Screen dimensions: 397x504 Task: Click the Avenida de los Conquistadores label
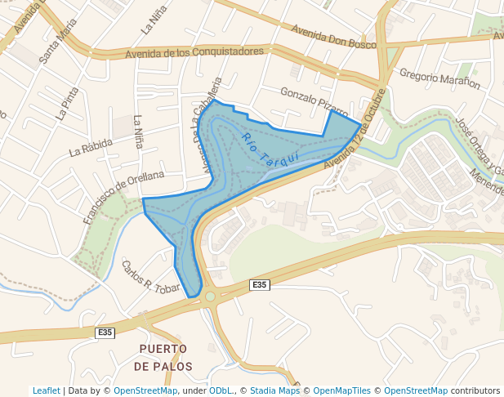[x=194, y=52]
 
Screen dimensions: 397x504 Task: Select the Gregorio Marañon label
[x=439, y=78]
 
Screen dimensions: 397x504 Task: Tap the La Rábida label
[x=91, y=147]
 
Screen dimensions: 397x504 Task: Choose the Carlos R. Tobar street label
[x=150, y=276]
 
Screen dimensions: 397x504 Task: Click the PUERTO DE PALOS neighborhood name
[x=163, y=357]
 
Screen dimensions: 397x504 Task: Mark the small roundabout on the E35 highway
[x=210, y=297]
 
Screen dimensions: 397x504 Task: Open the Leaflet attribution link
[x=47, y=390]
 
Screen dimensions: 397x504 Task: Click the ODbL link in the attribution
[x=221, y=390]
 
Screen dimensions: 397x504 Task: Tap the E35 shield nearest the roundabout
[x=259, y=284]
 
